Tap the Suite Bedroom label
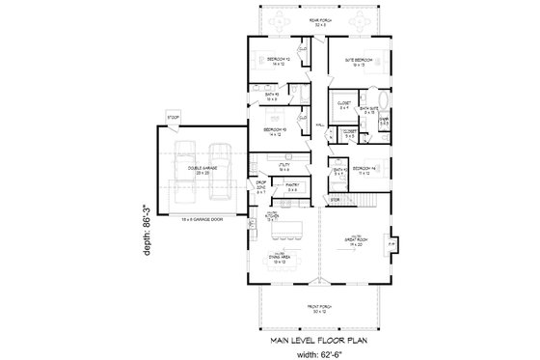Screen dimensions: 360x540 pos(360,61)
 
